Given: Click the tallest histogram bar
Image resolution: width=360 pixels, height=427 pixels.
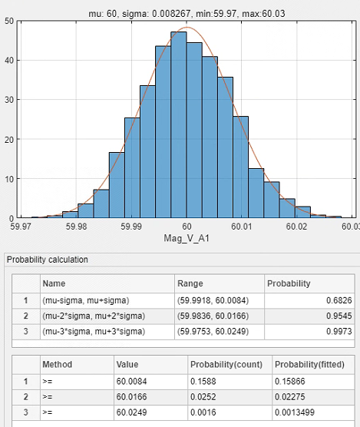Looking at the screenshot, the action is click(179, 124).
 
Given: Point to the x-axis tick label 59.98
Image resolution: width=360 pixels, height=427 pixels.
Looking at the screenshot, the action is click(76, 227).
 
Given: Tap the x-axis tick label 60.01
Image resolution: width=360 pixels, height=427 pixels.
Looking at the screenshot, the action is click(241, 227).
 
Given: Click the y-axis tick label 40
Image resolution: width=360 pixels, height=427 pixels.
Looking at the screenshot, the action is click(9, 60).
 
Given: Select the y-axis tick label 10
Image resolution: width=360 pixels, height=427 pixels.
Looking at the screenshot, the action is click(9, 179).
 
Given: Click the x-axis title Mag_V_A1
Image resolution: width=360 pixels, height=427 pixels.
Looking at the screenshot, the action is click(187, 239).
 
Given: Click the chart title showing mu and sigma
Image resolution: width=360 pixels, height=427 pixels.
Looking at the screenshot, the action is click(187, 13).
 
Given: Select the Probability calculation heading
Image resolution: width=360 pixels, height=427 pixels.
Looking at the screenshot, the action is click(48, 260).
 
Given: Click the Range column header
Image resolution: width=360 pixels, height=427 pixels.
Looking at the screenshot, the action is click(190, 283).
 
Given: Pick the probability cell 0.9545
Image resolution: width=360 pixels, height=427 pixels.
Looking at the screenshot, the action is click(339, 316).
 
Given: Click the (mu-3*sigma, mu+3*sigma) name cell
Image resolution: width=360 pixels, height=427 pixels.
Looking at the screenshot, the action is click(94, 332).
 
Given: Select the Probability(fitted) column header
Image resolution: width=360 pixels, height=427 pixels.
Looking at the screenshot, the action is click(309, 364).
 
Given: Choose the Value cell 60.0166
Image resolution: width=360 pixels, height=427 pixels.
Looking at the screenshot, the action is click(131, 397).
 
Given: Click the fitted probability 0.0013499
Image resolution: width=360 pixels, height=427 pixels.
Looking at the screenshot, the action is click(295, 412).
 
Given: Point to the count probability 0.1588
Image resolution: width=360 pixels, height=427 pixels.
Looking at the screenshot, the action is click(203, 381).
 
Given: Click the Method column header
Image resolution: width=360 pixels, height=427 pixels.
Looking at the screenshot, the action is click(57, 364).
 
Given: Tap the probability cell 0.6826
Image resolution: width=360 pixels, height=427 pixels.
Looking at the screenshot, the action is click(339, 300).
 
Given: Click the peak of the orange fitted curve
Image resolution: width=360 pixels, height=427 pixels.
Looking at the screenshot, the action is click(187, 28).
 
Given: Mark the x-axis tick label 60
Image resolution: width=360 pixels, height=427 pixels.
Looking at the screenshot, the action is click(187, 227).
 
